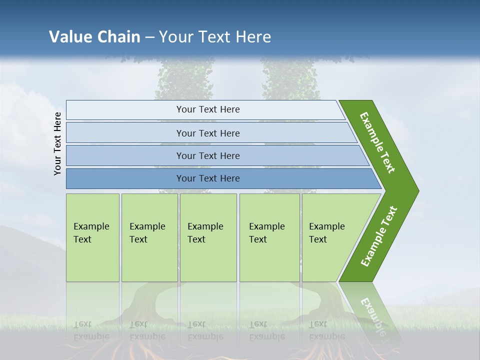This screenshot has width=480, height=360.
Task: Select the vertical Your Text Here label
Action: tap(57, 143)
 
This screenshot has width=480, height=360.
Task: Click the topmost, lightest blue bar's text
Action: tap(207, 109)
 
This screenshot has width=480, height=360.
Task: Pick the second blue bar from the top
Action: tap(207, 133)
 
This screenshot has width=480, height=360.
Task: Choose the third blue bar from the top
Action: tap(207, 155)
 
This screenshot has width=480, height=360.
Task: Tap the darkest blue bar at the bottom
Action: tap(207, 178)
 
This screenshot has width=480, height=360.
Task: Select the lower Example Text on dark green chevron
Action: tap(378, 236)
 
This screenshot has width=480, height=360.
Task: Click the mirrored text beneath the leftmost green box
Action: tap(91, 330)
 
